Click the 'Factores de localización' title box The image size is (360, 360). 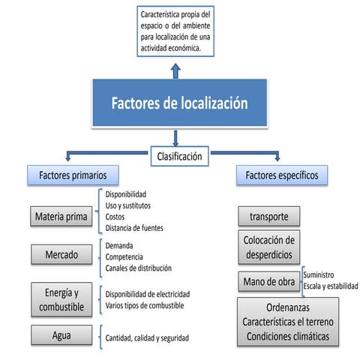pos(178,103)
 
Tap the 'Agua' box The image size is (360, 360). pos(61,337)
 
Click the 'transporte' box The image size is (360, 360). pos(268,217)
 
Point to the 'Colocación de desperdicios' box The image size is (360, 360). pos(268,247)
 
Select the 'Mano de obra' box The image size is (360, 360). pos(268,281)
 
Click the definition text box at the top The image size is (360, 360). pos(176,31)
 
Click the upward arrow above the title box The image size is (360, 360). pos(175,70)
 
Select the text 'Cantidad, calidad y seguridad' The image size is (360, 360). pos(147,338)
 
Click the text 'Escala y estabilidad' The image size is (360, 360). pos(331,286)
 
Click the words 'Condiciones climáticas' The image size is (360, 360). pos(288,336)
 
